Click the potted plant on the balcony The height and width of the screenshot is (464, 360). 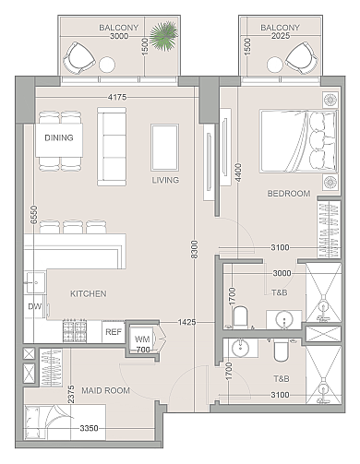163,36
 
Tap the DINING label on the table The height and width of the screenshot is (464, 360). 59,137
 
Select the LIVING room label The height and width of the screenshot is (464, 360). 165,180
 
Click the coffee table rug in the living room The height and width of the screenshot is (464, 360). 164,148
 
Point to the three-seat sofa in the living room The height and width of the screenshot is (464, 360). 112,147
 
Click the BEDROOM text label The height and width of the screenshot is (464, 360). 289,194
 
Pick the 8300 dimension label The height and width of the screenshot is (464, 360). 195,249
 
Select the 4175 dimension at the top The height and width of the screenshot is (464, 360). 117,97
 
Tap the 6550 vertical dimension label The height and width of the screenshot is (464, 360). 34,215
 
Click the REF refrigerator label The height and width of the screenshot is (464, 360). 114,332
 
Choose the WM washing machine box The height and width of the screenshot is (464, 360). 142,339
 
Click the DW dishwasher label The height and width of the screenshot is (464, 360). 34,306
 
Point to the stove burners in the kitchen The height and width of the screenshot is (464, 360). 75,331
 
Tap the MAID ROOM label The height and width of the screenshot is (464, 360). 105,390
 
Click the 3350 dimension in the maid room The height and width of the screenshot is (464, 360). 89,428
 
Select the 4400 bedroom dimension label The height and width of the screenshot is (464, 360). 238,173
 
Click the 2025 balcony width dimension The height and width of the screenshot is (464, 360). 281,36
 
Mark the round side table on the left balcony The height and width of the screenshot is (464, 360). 107,65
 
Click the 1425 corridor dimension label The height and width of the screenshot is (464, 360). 186,322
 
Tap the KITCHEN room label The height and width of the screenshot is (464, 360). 89,293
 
